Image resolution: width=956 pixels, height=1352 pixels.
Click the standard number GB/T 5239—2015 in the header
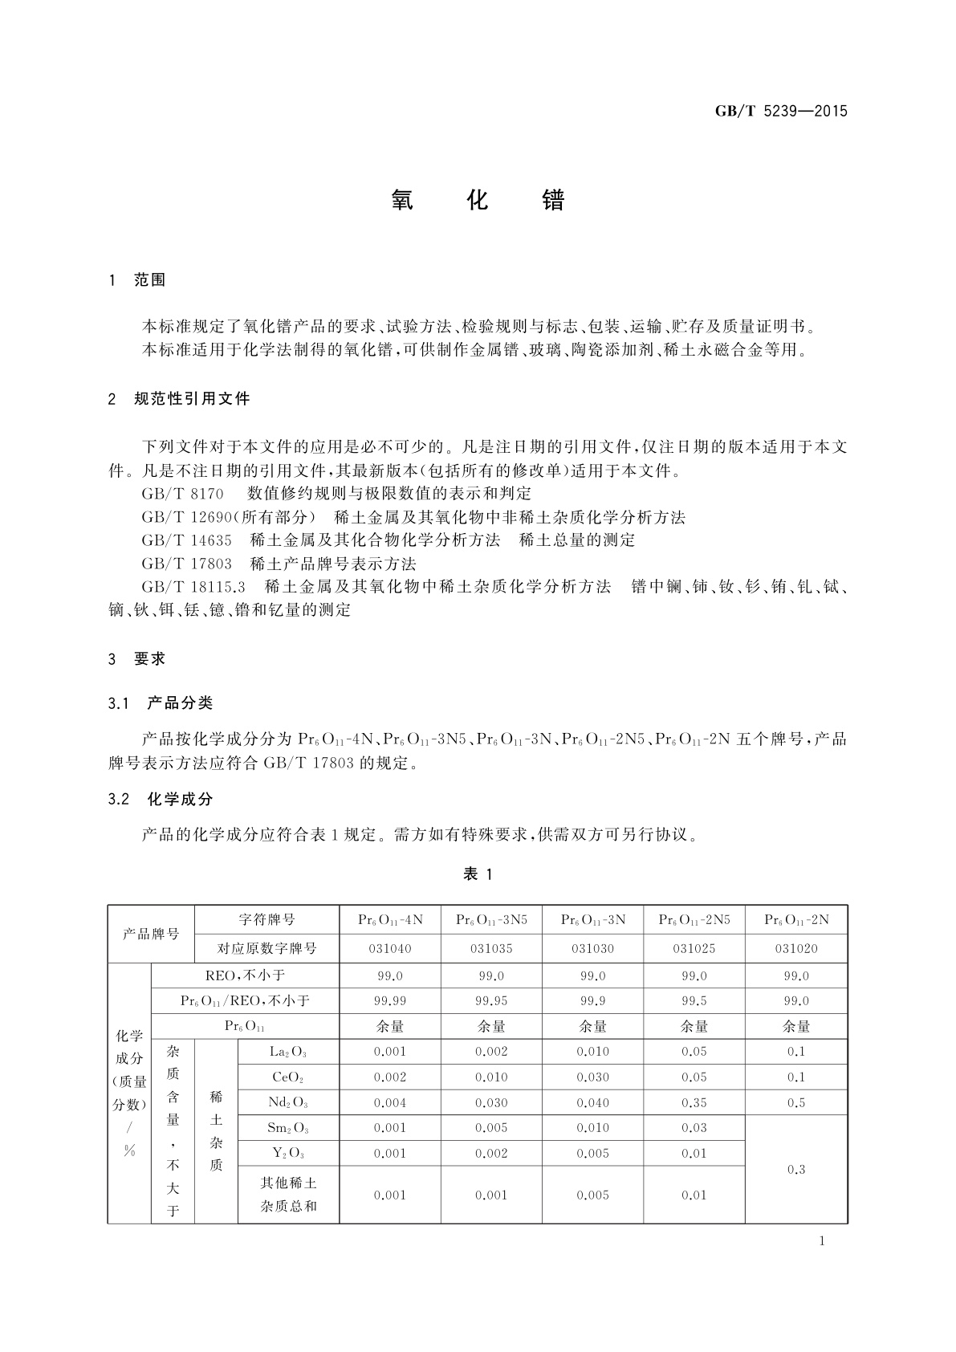(x=781, y=112)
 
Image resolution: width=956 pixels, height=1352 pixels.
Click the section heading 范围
(x=150, y=280)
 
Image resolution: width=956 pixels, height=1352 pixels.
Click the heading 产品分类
(x=181, y=703)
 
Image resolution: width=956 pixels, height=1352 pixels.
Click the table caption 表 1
(x=478, y=874)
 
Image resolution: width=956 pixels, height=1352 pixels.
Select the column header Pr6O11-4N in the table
(x=390, y=920)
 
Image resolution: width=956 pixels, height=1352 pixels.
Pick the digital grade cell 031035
(x=491, y=948)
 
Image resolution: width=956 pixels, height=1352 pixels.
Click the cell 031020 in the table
(x=796, y=948)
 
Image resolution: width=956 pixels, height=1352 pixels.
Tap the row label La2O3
(x=288, y=1052)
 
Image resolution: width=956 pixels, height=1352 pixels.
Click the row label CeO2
(x=288, y=1077)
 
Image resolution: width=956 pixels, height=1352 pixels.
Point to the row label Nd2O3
(x=288, y=1103)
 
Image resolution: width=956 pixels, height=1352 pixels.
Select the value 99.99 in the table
(x=390, y=1001)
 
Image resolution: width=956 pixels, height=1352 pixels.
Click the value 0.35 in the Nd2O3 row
(x=694, y=1103)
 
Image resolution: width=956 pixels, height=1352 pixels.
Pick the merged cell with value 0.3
(x=796, y=1169)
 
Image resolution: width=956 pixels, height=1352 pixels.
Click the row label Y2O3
(x=288, y=1154)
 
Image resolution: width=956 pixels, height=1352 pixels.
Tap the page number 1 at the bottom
(x=822, y=1241)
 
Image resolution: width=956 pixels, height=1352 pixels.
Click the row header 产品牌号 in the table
(x=151, y=934)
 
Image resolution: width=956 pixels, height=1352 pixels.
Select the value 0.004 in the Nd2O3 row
(x=390, y=1103)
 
